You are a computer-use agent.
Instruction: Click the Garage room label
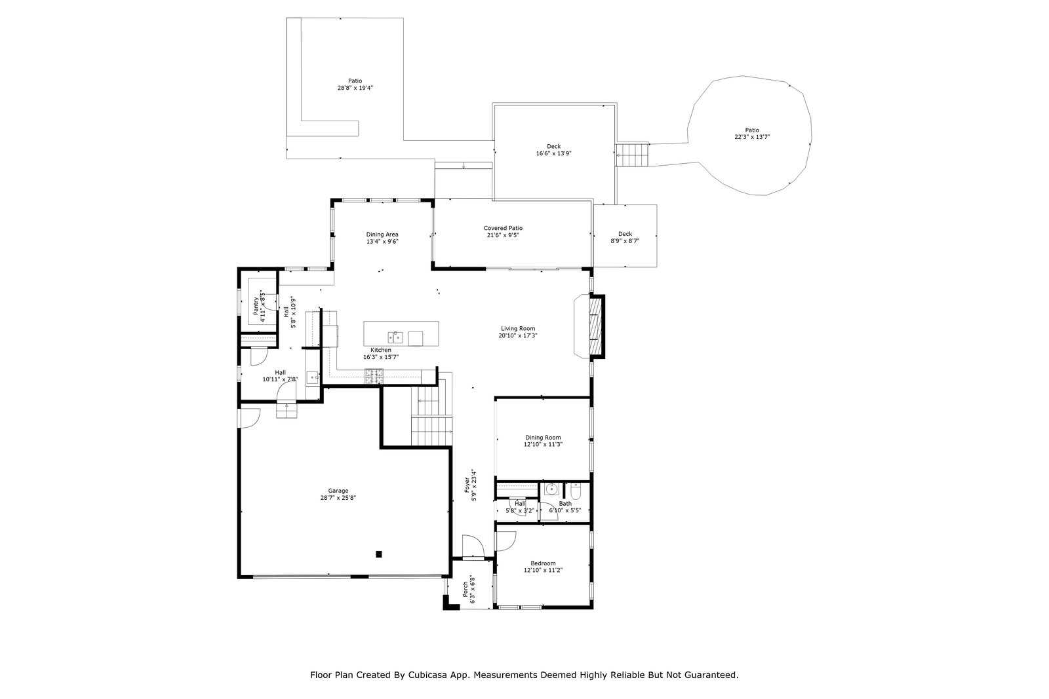point(338,491)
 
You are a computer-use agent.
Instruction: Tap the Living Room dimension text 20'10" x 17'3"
point(517,335)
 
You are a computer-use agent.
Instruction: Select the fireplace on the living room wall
point(589,327)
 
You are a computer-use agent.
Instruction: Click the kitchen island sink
point(395,337)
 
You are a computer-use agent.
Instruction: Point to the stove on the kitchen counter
point(374,376)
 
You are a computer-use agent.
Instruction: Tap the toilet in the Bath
point(576,491)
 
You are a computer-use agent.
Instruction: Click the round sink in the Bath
point(551,489)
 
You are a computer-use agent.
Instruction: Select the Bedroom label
point(543,563)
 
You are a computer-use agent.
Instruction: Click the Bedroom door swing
point(505,541)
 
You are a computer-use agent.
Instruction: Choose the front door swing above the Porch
point(473,546)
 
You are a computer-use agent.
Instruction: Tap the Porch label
point(465,589)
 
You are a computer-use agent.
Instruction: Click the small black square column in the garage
point(379,554)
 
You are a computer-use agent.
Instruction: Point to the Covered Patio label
point(503,229)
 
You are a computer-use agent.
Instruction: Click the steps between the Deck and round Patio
point(632,155)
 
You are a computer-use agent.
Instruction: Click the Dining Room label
point(543,438)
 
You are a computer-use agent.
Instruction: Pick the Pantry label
point(256,306)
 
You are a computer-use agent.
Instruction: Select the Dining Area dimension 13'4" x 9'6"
point(382,242)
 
